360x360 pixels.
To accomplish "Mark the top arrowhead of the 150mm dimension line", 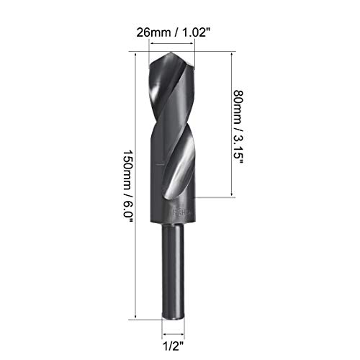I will coord(137,53).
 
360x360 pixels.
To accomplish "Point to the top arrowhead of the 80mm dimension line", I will coord(230,53).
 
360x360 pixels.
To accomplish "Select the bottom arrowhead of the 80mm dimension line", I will coord(230,194).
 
